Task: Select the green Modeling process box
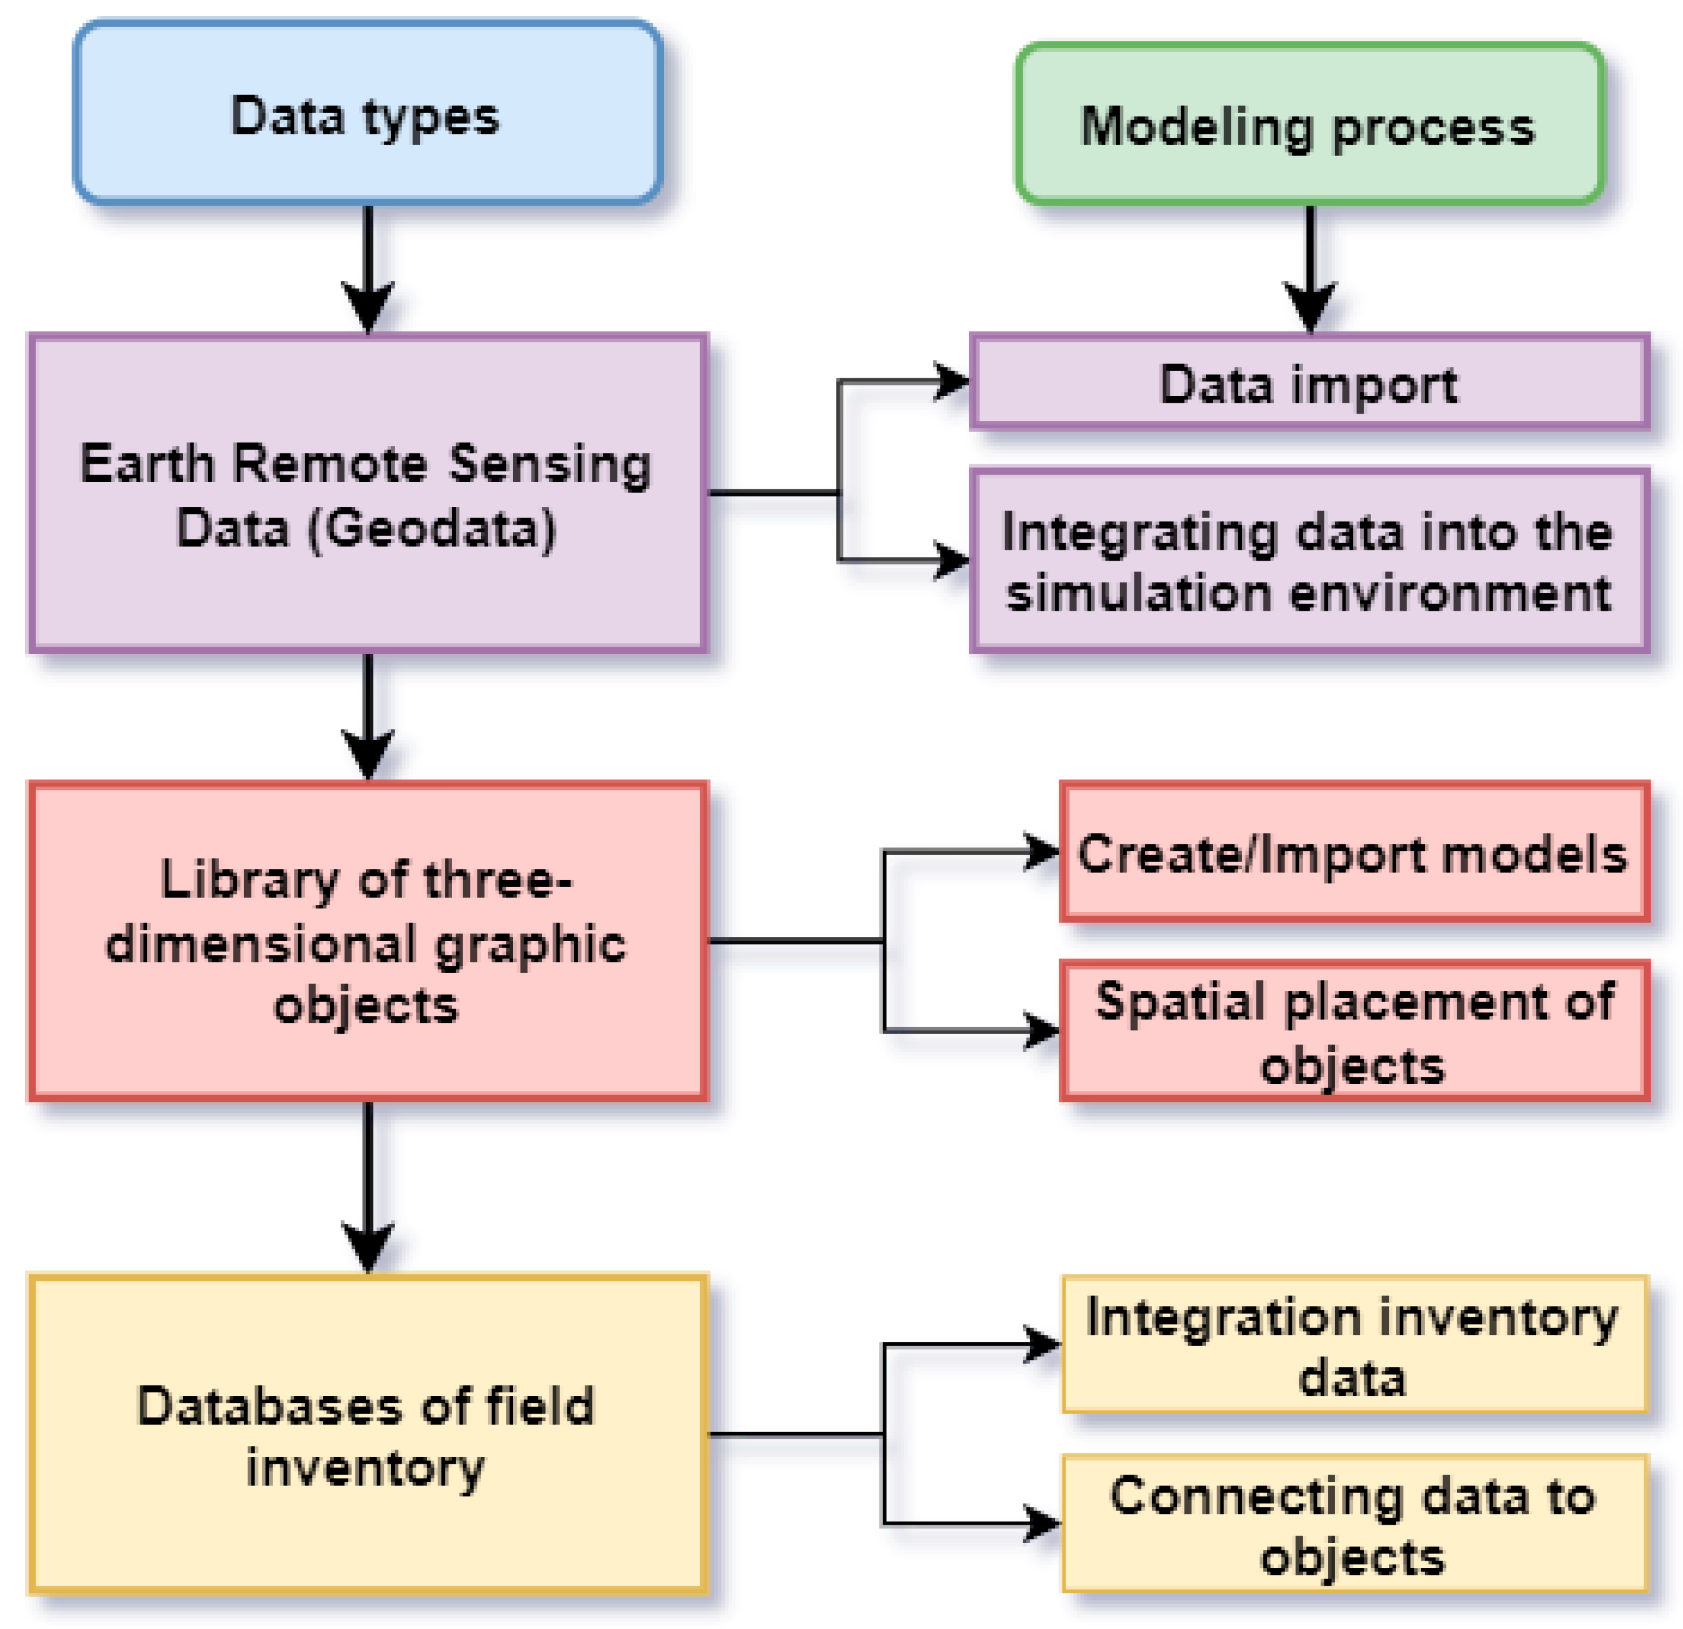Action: click(1310, 124)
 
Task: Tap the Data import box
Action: click(1310, 382)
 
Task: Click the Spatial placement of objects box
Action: click(1354, 1031)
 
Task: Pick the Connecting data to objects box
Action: click(1354, 1524)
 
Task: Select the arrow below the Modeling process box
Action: click(1310, 266)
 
